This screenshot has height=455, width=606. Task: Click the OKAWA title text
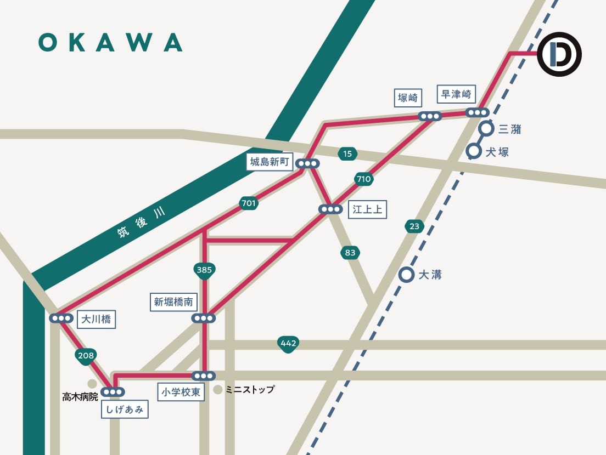point(110,42)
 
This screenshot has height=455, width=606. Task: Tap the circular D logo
point(559,54)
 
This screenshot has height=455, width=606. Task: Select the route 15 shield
point(347,154)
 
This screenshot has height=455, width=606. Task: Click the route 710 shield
point(364,179)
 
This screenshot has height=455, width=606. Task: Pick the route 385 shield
point(204,270)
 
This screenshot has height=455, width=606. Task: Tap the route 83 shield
point(350,253)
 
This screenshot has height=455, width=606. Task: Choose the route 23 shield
point(414,226)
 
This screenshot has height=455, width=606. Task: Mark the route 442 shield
point(288,344)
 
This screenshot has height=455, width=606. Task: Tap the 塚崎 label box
point(408,98)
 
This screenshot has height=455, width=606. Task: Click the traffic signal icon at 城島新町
point(307,163)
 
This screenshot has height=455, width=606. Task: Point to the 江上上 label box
point(367,209)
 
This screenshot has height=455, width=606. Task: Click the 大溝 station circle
point(406,275)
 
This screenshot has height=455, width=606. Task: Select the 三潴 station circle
point(486,129)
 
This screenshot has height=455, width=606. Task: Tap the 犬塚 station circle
point(473,151)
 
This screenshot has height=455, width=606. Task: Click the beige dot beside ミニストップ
point(218,390)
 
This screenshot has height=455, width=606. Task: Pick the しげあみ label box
point(125,410)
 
